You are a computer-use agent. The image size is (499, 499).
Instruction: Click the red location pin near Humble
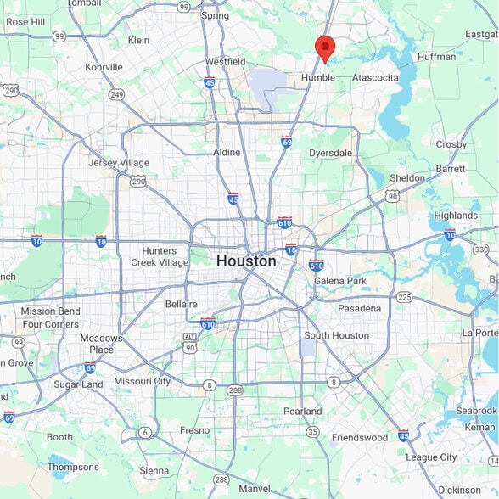[324, 48]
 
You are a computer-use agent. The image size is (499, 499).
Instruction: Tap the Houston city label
[246, 261]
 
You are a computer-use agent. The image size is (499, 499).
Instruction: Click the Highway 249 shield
[116, 94]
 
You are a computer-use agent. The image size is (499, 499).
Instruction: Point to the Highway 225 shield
[404, 297]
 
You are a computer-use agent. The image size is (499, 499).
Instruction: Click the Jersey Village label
[119, 163]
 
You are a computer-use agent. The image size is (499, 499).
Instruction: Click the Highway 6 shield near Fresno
[145, 432]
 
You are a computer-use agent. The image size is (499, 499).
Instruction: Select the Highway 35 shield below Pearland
[312, 432]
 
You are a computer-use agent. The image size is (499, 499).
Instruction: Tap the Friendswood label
[360, 438]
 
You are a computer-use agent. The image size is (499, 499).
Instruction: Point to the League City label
[432, 457]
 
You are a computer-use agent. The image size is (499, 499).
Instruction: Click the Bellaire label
[181, 304]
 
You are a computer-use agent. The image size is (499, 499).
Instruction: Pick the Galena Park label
[339, 281]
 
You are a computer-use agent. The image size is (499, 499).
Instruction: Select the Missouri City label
[142, 382]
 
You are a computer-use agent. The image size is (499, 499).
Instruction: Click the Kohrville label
[104, 67]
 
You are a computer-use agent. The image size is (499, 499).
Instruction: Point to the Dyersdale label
[330, 153]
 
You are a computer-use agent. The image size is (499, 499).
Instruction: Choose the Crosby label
[451, 144]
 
